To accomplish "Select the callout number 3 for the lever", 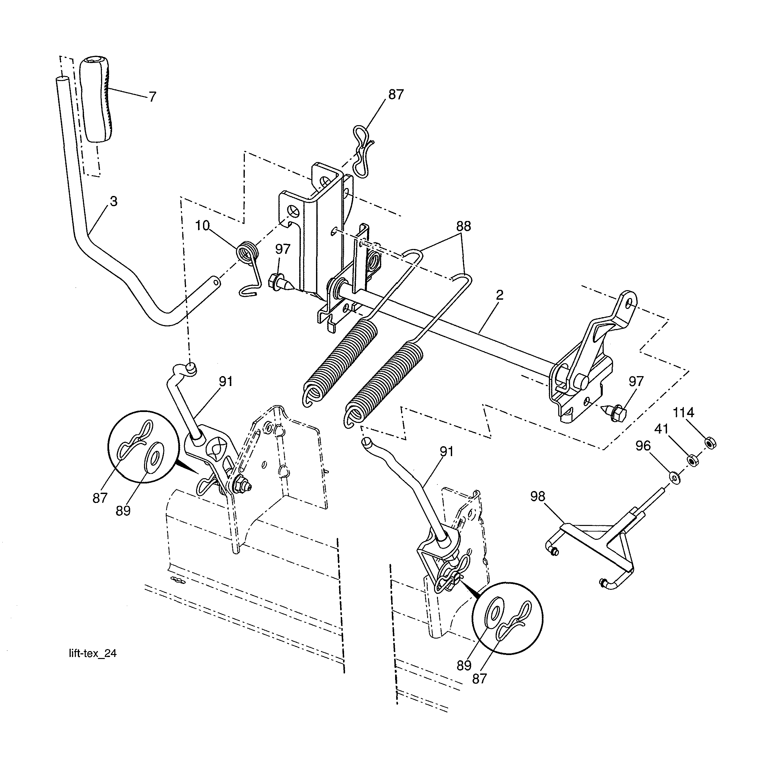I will (113, 202).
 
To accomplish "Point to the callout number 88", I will (463, 226).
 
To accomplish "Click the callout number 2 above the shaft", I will (500, 295).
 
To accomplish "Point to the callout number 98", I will (537, 497).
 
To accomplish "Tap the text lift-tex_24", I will (93, 653).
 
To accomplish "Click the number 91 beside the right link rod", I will (447, 452).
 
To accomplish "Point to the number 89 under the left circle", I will (123, 511).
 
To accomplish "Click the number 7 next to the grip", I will (152, 97).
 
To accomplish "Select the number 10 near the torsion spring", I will (202, 226).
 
